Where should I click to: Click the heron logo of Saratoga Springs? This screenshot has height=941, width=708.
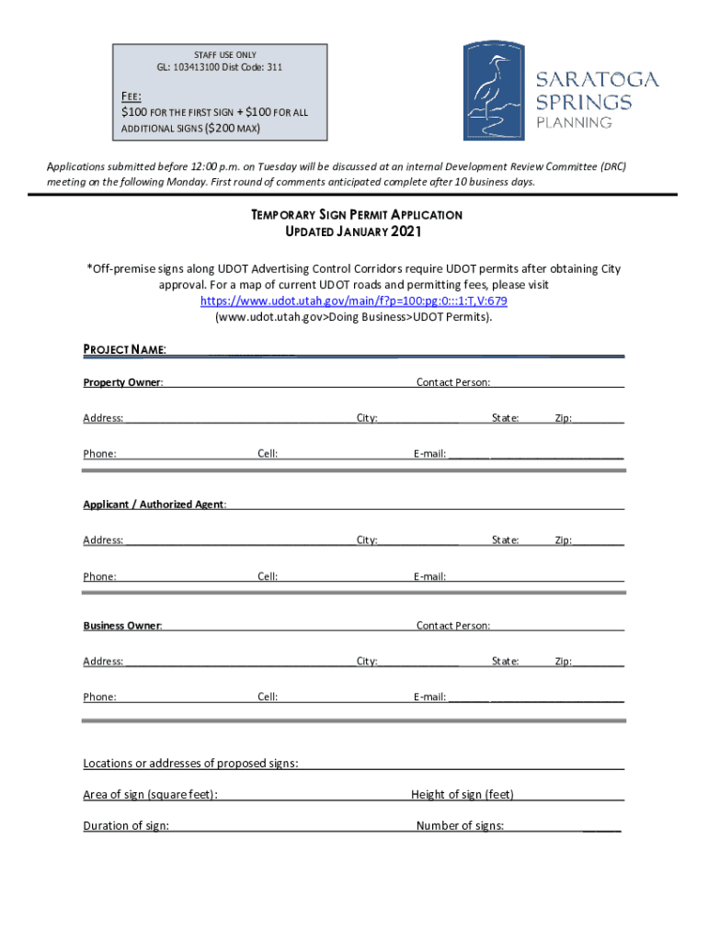495,90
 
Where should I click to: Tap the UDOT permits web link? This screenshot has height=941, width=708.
354,300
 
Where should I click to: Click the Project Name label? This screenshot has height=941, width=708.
124,350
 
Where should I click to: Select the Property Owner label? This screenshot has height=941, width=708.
123,382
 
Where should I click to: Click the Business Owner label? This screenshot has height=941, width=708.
123,626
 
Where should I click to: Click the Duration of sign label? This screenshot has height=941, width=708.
126,826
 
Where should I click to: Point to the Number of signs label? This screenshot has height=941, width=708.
460,826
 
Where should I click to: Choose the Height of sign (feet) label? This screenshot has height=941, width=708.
462,795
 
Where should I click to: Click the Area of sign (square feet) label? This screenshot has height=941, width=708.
151,795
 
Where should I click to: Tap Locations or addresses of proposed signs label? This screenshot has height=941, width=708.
190,764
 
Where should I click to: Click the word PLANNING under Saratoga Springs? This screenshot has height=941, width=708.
574,122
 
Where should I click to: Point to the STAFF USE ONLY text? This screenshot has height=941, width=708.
218,55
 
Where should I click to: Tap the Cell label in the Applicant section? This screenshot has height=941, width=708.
268,577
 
